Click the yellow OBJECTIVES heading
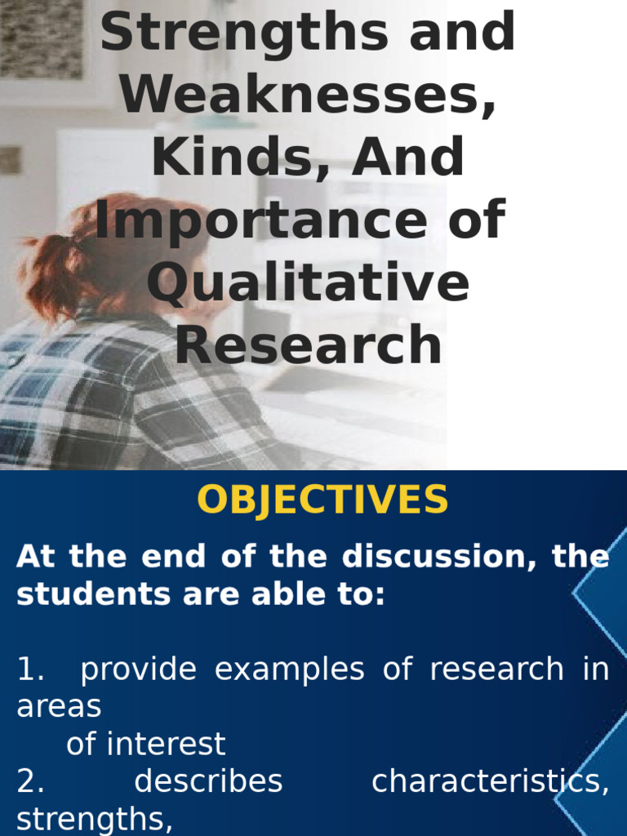(x=322, y=500)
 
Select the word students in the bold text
(x=79, y=594)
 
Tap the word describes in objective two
(x=208, y=782)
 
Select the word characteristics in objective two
(x=488, y=782)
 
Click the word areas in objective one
(x=59, y=707)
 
